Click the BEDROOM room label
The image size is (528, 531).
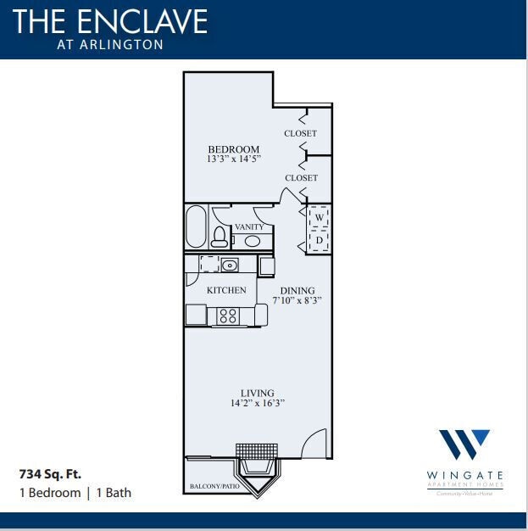[x=233, y=149]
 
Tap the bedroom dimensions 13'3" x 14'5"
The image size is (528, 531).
[x=233, y=159]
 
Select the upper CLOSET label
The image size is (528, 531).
[x=301, y=133]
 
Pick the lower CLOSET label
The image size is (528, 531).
[x=301, y=178]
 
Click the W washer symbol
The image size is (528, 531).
[x=320, y=218]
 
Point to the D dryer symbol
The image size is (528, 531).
[x=320, y=239]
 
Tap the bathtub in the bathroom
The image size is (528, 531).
[x=196, y=226]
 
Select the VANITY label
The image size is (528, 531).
[x=249, y=227]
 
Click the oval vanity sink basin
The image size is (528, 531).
[x=252, y=241]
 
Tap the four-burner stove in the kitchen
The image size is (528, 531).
[x=227, y=316]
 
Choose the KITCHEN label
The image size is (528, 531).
[x=226, y=290]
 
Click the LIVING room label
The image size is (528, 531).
[x=257, y=393]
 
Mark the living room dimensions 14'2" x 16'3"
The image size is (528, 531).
[x=257, y=404]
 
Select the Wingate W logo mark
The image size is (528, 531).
[x=464, y=444]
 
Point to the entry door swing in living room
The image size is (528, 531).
[x=315, y=444]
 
